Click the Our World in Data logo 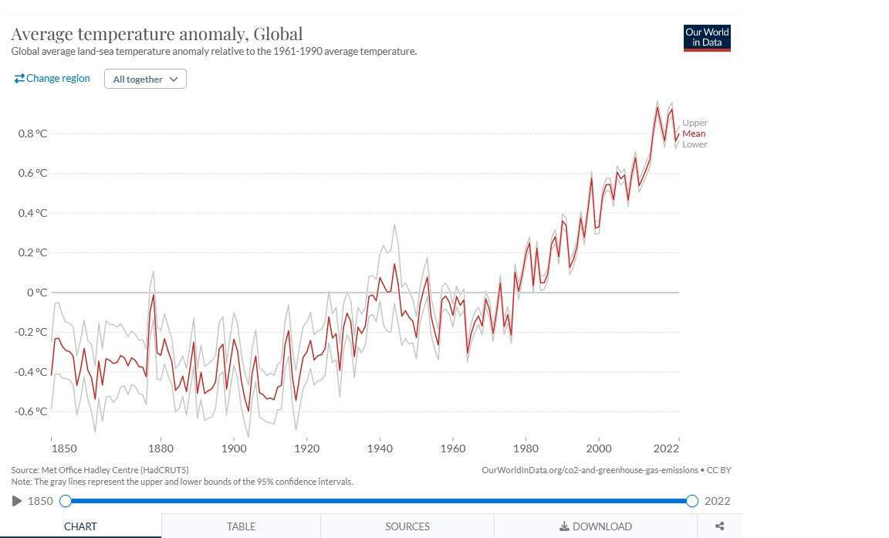tap(706, 38)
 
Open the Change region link tap(52, 78)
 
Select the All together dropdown tap(145, 79)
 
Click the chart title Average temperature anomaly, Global tap(157, 34)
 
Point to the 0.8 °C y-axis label tap(33, 134)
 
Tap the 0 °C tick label tap(37, 293)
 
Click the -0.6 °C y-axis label tap(31, 411)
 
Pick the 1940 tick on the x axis tap(380, 448)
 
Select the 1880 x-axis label tap(161, 448)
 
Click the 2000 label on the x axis tap(599, 448)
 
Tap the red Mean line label tap(694, 134)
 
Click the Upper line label tap(695, 123)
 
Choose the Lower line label tap(695, 144)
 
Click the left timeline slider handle tap(66, 501)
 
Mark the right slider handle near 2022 tap(691, 501)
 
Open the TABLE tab tap(241, 526)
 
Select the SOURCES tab tap(407, 526)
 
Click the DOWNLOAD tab tap(595, 526)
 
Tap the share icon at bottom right tap(719, 526)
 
